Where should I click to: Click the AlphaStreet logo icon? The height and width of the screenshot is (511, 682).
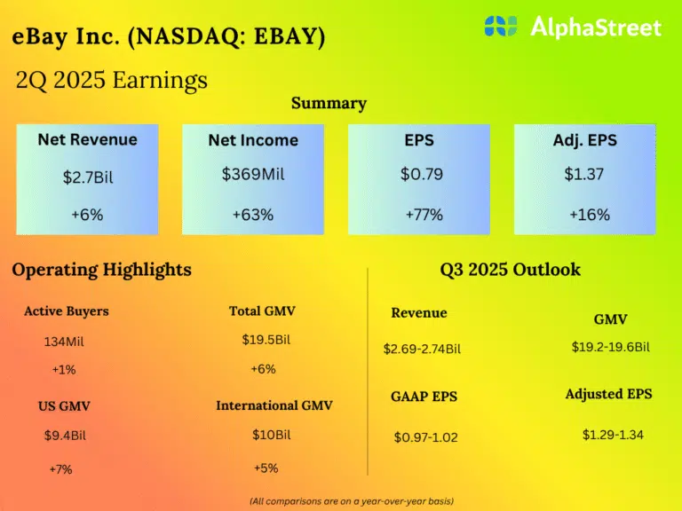501,26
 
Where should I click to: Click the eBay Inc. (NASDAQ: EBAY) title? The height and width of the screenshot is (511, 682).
169,36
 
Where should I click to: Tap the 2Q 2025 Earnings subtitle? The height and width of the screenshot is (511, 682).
111,81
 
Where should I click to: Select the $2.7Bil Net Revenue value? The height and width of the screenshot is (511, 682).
88,177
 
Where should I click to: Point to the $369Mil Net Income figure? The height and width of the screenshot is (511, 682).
253,174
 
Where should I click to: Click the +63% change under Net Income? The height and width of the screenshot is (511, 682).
253,215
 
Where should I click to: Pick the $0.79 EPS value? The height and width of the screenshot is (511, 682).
422,174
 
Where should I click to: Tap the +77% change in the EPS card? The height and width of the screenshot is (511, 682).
424,215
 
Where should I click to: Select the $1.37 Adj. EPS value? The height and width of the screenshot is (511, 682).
584,174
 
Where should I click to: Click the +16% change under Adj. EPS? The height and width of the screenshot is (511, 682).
590,215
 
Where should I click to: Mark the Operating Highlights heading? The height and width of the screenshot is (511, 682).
102,270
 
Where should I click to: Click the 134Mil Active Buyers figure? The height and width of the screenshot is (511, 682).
64,342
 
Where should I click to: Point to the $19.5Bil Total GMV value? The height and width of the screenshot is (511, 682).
266,340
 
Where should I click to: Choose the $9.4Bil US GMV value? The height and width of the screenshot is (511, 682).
65,436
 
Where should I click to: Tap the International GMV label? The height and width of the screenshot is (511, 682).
274,405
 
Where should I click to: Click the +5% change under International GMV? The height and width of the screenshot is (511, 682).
266,468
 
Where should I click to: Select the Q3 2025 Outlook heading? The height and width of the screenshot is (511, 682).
511,270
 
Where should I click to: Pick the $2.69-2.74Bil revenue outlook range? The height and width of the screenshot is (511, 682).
422,349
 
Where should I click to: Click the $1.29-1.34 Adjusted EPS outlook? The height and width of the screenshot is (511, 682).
613,435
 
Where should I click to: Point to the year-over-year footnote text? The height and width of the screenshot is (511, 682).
352,501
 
